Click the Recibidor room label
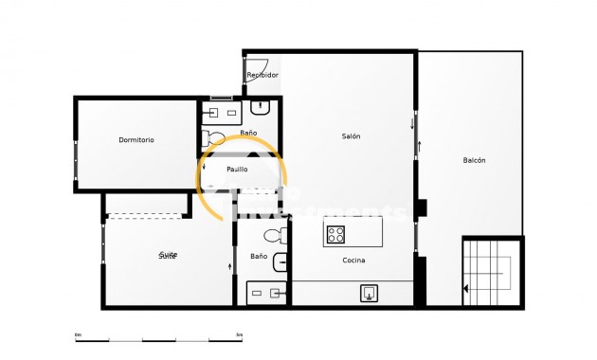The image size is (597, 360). tap(262, 75)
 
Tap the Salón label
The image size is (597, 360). tap(351, 136)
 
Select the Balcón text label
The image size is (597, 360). tap(474, 161)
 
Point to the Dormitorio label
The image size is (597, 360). tap(136, 140)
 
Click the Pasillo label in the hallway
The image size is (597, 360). tap(237, 170)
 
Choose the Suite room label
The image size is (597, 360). tap(168, 256)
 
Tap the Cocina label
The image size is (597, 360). tap(353, 261)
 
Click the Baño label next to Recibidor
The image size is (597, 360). tap(248, 134)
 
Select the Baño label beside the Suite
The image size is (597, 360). tap(259, 257)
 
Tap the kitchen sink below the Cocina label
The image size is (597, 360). tap(369, 294)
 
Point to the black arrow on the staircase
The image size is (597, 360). tap(465, 289)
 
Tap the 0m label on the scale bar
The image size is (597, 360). tap(78, 334)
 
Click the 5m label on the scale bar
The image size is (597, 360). tap(239, 334)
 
